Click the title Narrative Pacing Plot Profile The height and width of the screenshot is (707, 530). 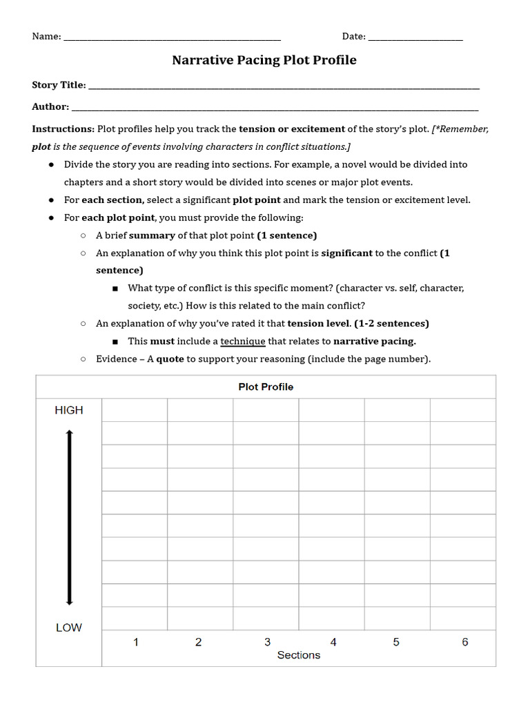264,60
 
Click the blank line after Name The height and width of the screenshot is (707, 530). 173,39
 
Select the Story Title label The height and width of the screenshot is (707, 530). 59,85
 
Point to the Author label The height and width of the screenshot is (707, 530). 50,107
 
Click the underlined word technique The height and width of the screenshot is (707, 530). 243,341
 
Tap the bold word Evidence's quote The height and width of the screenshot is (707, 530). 170,359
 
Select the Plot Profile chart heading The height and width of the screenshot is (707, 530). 266,387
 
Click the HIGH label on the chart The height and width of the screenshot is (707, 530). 69,410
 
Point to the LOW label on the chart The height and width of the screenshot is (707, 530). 69,628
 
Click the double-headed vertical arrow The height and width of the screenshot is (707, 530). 69,518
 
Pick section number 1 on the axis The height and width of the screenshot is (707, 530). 136,642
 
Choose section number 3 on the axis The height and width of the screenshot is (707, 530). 268,642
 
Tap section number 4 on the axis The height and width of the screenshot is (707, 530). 333,642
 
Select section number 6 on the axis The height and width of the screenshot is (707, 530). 465,642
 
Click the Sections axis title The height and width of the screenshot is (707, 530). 299,655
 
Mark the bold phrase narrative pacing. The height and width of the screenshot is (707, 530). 375,341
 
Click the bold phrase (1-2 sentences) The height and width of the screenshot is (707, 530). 391,323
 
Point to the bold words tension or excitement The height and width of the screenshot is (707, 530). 292,129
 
